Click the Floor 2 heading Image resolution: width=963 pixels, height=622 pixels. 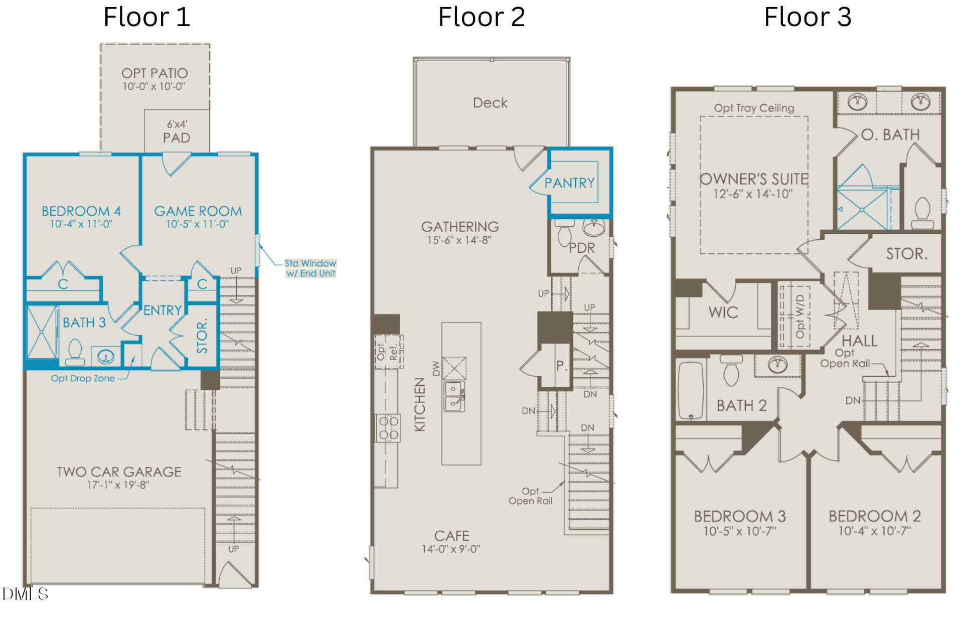click(x=481, y=17)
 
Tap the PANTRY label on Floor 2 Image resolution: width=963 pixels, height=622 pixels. click(x=570, y=183)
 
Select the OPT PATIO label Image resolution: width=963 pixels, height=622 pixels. click(x=154, y=73)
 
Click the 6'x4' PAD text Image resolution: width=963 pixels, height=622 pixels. click(x=177, y=131)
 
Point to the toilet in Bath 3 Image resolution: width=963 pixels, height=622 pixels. click(x=75, y=352)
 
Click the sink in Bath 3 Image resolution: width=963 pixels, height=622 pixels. click(x=106, y=357)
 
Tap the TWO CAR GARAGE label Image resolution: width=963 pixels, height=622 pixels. click(x=119, y=472)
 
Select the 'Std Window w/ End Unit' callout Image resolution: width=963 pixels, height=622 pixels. click(x=310, y=268)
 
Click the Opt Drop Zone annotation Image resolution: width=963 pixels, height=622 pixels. click(x=83, y=378)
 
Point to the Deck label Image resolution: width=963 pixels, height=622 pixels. click(x=491, y=103)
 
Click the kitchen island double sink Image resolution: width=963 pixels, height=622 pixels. click(x=454, y=396)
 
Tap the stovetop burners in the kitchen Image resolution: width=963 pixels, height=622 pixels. click(x=388, y=428)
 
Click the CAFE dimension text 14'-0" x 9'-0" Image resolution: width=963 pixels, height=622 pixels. click(x=451, y=549)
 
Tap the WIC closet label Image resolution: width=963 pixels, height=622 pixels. click(x=723, y=313)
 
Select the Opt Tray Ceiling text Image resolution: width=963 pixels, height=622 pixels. click(x=754, y=108)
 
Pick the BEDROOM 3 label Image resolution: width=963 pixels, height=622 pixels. click(x=740, y=516)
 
